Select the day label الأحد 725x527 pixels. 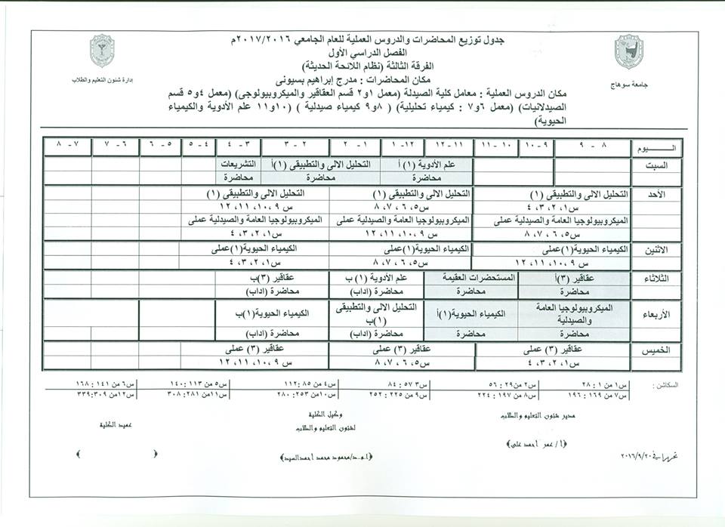point(656,194)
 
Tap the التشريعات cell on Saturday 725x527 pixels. point(237,163)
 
